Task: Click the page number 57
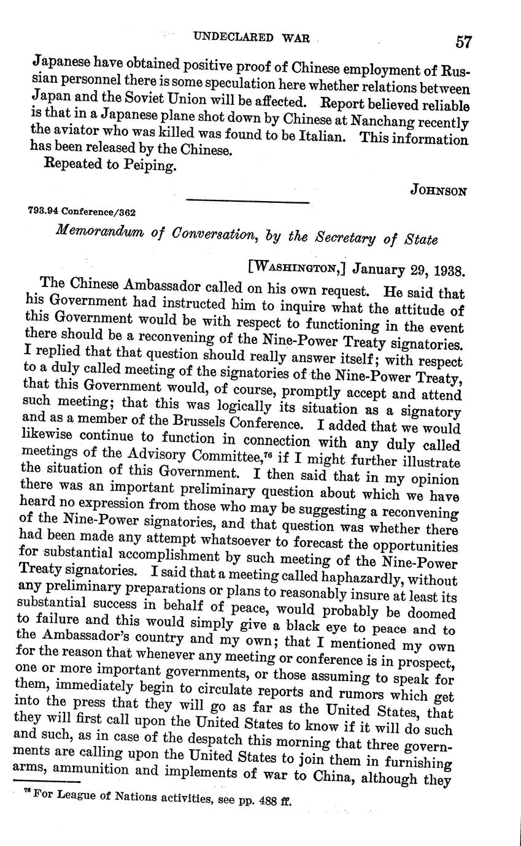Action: click(463, 41)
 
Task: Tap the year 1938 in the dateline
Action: click(449, 270)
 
